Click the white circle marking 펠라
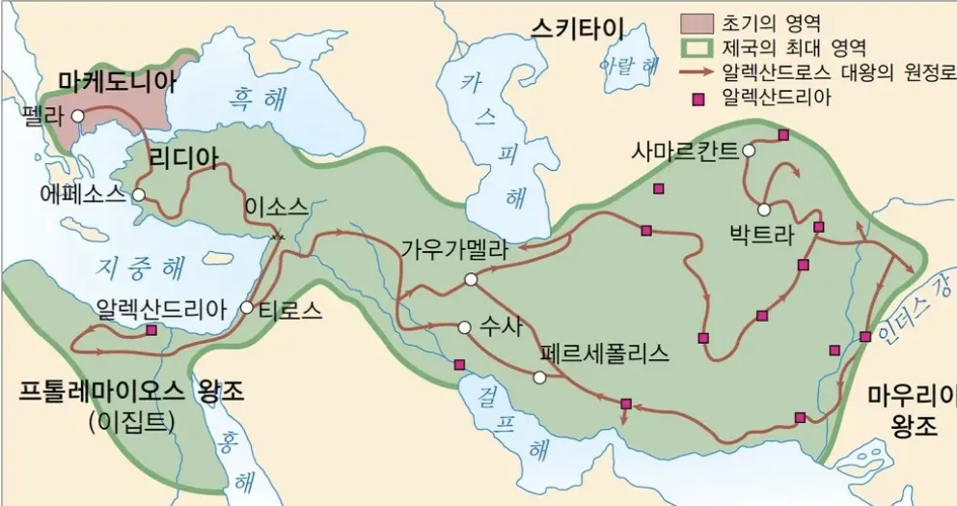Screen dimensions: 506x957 point(77,116)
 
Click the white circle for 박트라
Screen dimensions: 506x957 point(763,209)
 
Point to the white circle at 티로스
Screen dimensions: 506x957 point(247,308)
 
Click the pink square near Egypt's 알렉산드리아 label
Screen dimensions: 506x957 point(151,330)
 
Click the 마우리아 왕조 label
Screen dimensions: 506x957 point(911,410)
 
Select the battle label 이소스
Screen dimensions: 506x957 point(276,207)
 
